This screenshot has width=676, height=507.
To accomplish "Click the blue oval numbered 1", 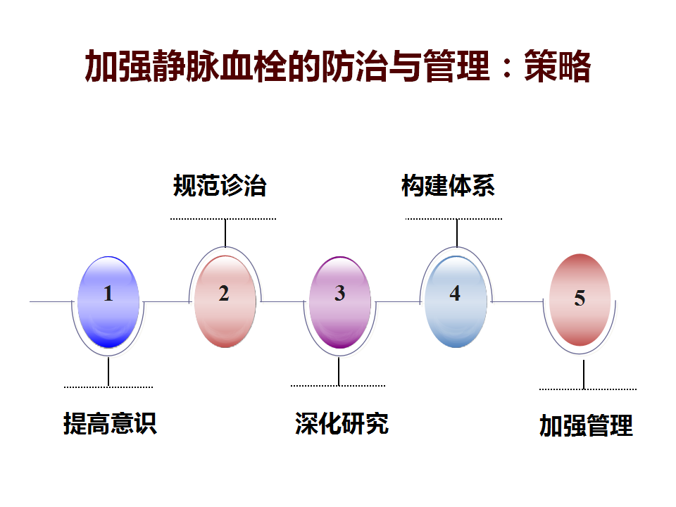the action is [x=108, y=302].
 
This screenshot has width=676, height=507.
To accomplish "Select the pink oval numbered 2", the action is [x=225, y=301].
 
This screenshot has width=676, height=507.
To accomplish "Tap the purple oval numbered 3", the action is [x=339, y=302].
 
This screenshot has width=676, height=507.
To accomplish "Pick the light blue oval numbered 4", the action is [x=456, y=301].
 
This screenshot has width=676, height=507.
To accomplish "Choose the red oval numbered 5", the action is [x=580, y=300].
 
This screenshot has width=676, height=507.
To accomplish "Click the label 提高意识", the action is [x=110, y=423].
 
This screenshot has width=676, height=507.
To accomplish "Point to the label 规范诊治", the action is [x=220, y=185].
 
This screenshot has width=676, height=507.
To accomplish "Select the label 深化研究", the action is [x=342, y=423].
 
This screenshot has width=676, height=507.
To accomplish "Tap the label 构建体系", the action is [x=448, y=185].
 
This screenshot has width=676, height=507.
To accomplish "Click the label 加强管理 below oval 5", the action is [x=586, y=425].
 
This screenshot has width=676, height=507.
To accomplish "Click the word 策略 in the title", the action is [x=557, y=66].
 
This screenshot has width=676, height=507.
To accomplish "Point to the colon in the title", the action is [x=507, y=68].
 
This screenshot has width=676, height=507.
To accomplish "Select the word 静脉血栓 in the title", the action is [x=220, y=66].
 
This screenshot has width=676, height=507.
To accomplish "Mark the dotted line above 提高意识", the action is [x=108, y=387].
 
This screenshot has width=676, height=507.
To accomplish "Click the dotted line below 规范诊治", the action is [x=223, y=219].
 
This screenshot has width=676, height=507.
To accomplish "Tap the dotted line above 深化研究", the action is [x=338, y=386].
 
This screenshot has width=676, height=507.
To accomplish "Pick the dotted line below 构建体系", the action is [x=453, y=219].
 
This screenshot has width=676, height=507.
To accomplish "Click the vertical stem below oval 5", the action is [x=584, y=375].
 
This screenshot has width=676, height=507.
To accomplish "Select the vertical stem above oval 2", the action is [x=225, y=233].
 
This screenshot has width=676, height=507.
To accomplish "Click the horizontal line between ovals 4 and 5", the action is [x=518, y=302].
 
